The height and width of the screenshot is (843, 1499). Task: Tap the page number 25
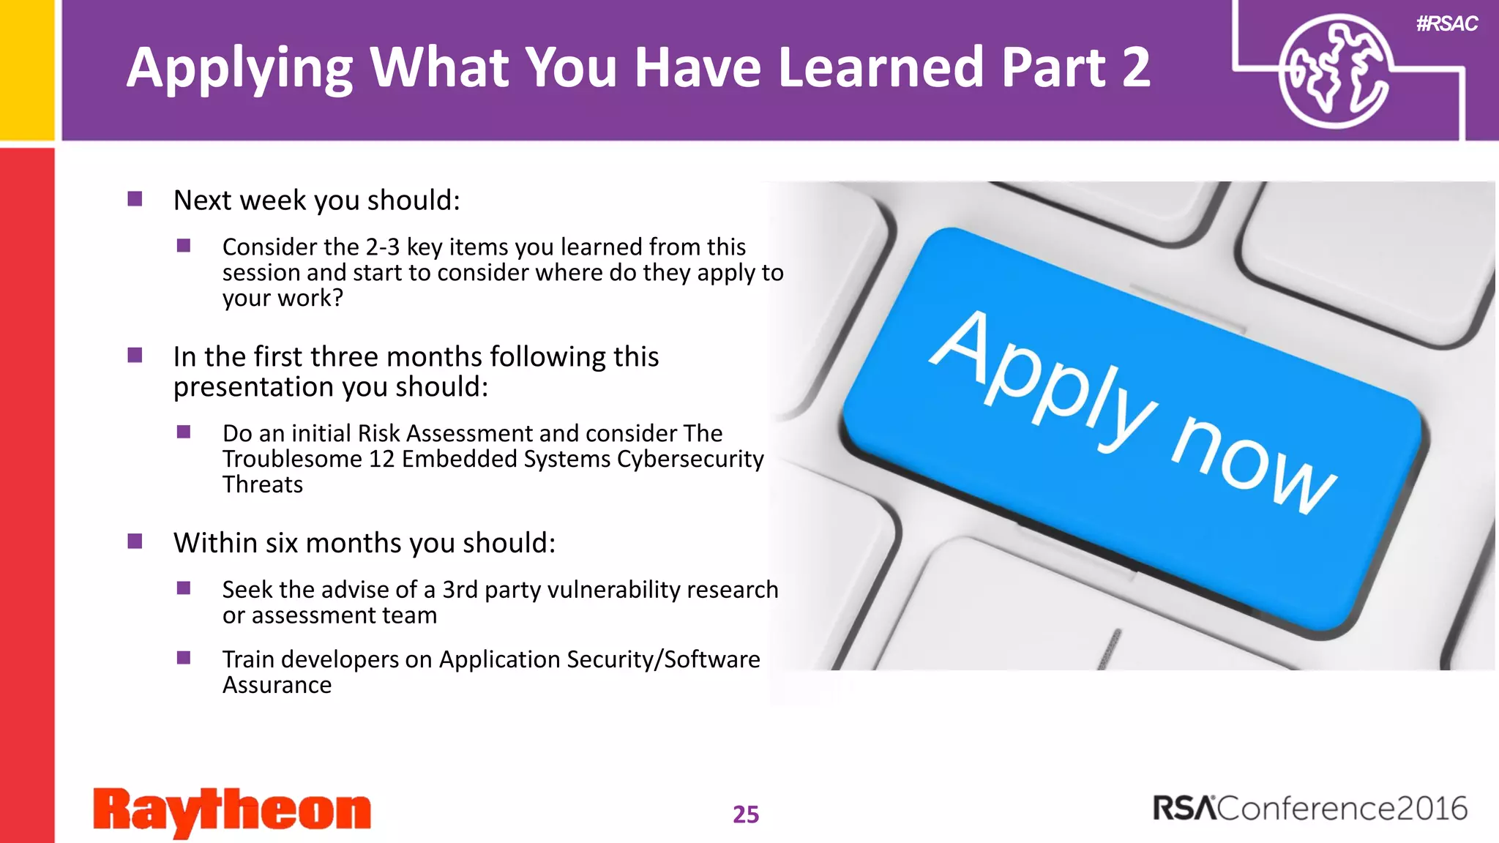[x=746, y=814]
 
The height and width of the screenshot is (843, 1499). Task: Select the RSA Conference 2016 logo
[x=1310, y=809]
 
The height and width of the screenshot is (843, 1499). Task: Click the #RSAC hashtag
[x=1446, y=24]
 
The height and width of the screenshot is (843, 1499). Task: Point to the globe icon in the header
[x=1334, y=72]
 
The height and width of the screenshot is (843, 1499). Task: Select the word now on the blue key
[x=1253, y=465]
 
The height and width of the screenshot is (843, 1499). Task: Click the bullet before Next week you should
[x=135, y=199]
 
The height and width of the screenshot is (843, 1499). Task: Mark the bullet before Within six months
[x=135, y=542]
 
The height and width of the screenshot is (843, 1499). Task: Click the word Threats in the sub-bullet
[x=262, y=484]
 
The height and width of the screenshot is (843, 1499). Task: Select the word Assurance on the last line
[x=277, y=685]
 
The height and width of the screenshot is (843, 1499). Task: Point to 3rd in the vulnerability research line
[x=460, y=590]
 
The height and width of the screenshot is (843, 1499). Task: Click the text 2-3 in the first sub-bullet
[x=382, y=247]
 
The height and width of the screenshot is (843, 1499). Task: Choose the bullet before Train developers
[x=184, y=658]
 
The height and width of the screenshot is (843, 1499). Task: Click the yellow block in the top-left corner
[x=26, y=70]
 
